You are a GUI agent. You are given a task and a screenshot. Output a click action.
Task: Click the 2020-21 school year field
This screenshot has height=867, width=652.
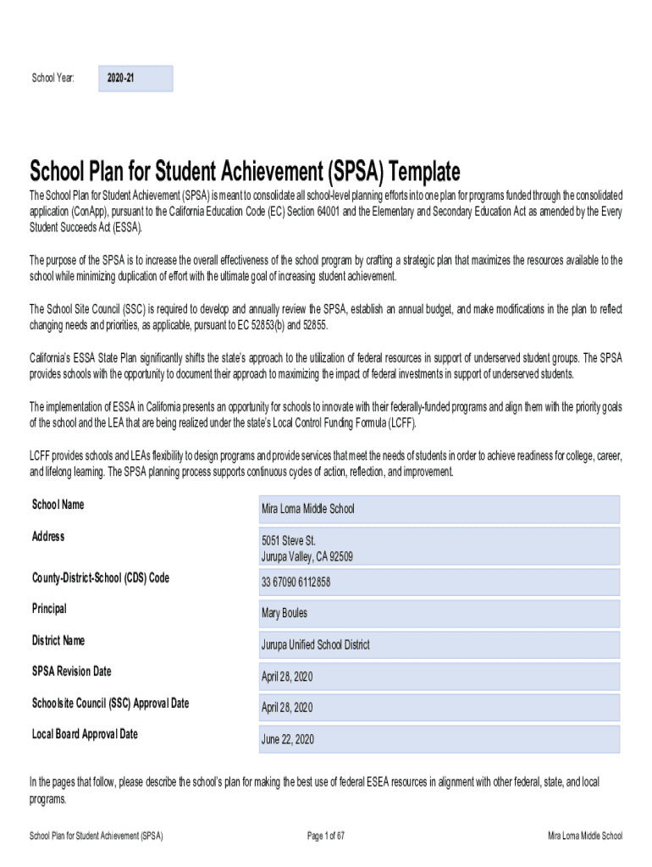pos(135,79)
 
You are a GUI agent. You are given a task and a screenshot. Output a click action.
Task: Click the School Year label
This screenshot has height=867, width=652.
pos(52,79)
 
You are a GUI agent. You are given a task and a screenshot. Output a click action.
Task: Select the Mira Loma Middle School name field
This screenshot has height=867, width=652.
pos(439,509)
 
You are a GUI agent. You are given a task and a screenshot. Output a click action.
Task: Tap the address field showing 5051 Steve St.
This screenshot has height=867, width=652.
pos(439,548)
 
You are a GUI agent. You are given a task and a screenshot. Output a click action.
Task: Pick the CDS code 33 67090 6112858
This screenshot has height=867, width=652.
pos(439,582)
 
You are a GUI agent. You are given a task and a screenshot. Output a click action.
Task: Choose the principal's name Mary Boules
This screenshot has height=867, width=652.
pos(439,613)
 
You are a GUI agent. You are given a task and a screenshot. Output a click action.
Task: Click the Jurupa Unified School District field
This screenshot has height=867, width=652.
pos(439,644)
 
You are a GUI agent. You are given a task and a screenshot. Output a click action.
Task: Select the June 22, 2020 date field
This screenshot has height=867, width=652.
pos(439,739)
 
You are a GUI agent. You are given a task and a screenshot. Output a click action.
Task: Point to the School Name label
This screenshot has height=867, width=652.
pos(58,505)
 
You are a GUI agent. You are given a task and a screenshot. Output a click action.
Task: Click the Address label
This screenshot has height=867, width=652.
pos(48,537)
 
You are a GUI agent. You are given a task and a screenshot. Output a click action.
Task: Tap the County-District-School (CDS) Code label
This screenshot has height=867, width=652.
pos(100,577)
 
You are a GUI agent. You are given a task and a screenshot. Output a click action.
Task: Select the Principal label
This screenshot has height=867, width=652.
pos(49,609)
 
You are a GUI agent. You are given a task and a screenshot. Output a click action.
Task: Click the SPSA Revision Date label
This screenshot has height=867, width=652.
pos(71,671)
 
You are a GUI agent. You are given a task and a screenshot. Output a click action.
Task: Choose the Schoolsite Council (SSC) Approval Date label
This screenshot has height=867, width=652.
pos(110,703)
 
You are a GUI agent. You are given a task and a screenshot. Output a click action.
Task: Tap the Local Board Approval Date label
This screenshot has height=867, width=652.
pos(85,734)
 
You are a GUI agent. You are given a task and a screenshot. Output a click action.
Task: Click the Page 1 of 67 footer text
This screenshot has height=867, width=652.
pos(326,837)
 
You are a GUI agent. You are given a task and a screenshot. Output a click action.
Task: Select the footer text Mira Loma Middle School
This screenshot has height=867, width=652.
pos(584,837)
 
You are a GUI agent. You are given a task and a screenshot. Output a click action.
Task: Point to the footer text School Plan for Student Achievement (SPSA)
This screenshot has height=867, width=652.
pos(96,837)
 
